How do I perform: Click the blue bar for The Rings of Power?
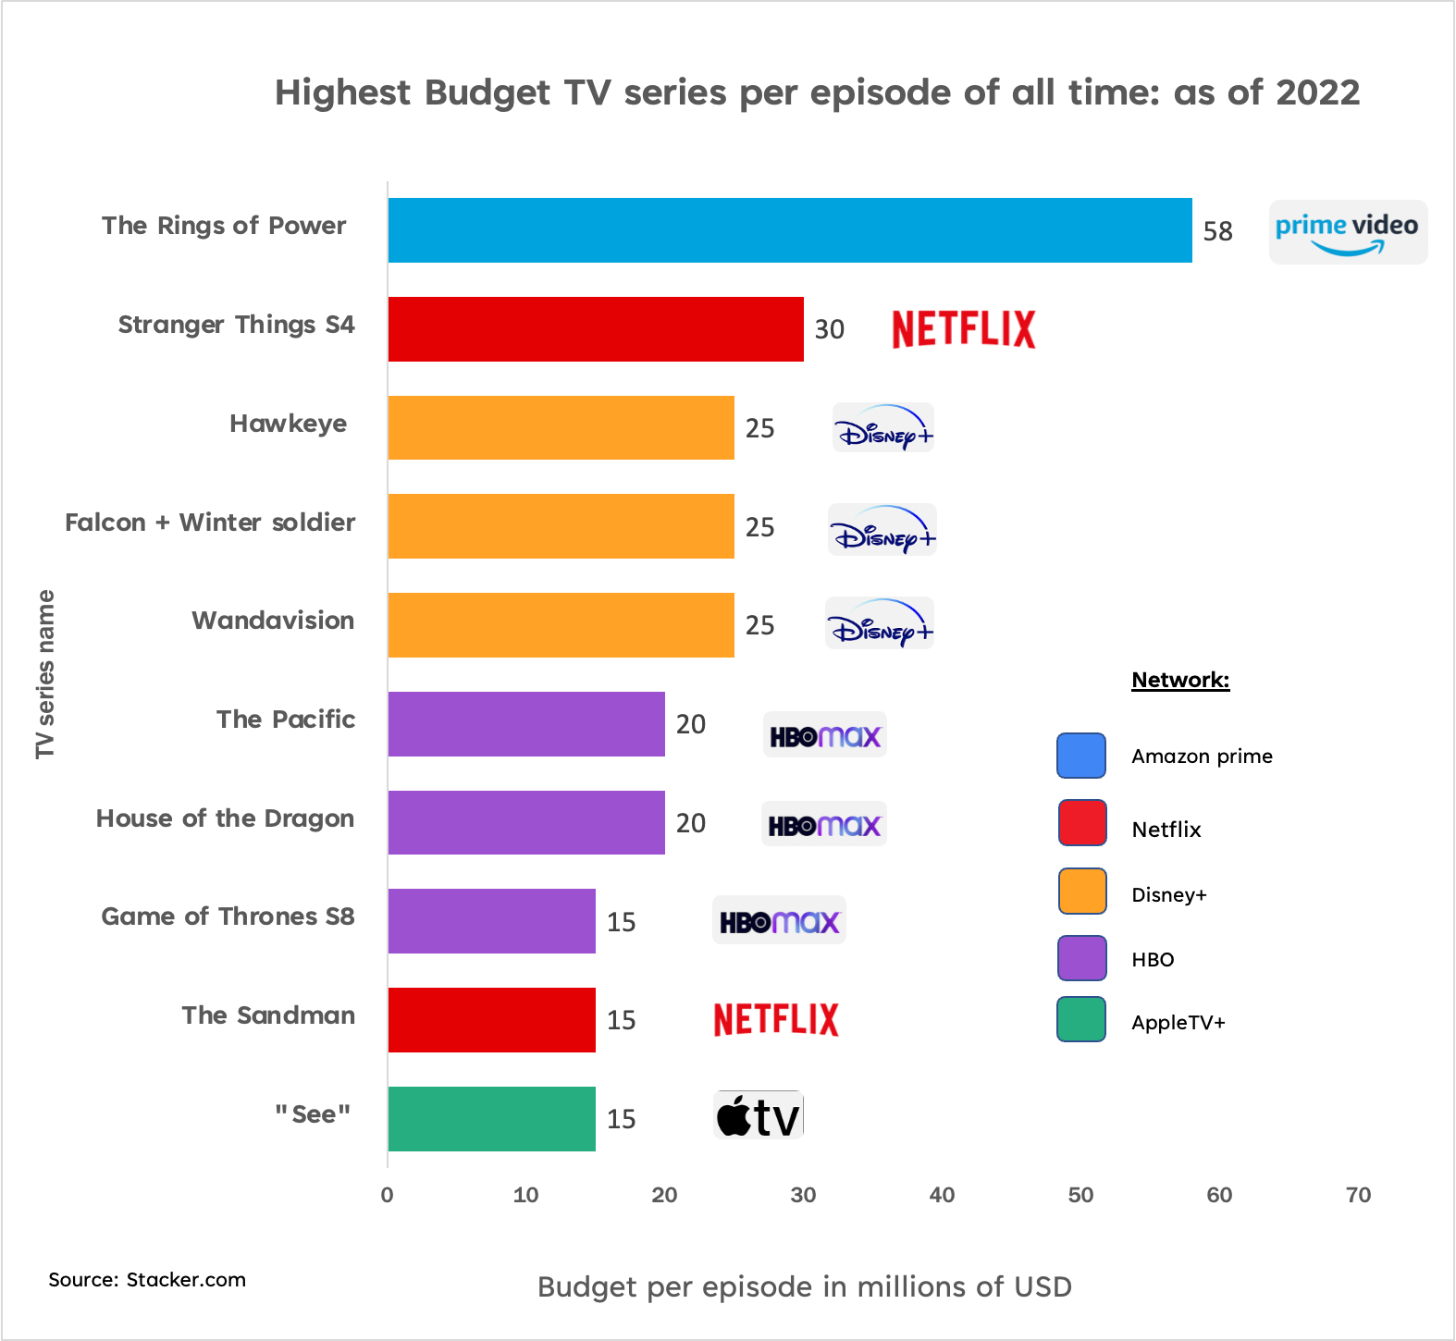[790, 230]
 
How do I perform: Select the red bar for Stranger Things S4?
[596, 329]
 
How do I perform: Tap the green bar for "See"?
[492, 1119]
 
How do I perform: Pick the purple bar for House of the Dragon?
[526, 822]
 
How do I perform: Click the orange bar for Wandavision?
[561, 625]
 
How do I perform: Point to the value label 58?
[1217, 231]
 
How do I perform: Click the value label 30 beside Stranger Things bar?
[830, 330]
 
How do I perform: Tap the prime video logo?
[1348, 232]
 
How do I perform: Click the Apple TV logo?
[759, 1115]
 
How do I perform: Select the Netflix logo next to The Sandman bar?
[776, 1020]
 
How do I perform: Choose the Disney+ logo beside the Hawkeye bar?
[883, 428]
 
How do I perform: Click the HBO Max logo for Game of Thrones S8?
[779, 920]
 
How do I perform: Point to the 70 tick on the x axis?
[1359, 1195]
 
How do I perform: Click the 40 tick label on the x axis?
[942, 1195]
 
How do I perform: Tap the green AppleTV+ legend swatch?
[1081, 1019]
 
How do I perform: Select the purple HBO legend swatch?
[1081, 958]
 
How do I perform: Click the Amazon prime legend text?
[1202, 757]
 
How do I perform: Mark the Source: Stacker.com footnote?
[147, 1280]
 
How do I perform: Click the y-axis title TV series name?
[45, 674]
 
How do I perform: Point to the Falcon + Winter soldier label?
[210, 523]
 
